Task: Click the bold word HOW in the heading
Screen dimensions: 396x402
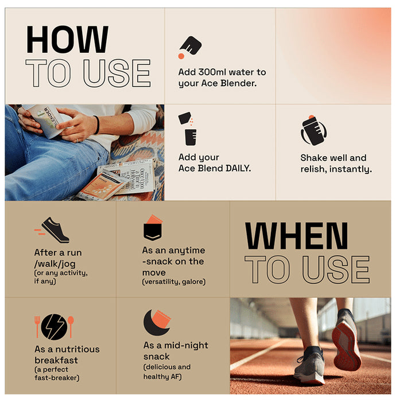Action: pos(68,39)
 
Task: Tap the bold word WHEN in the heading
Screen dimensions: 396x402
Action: pos(296,235)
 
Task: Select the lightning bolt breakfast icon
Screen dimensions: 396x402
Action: pos(54,327)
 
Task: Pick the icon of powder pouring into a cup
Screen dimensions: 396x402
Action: pos(188,129)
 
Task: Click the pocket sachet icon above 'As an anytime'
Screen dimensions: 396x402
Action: pos(153,227)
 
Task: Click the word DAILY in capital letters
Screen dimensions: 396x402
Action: pos(238,168)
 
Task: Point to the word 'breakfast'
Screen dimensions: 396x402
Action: pos(56,360)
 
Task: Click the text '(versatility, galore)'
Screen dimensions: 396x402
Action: pos(174,282)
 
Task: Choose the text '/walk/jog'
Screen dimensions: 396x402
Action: pos(55,264)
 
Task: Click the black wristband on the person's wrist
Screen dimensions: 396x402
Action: pos(97,125)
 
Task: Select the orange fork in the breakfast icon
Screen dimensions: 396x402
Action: pos(37,326)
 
